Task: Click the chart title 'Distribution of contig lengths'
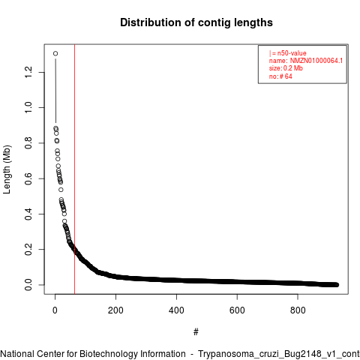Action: pyautogui.click(x=196, y=22)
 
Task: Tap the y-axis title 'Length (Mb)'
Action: pyautogui.click(x=7, y=169)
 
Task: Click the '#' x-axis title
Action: pyautogui.click(x=196, y=332)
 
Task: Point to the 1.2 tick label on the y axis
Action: pyautogui.click(x=28, y=72)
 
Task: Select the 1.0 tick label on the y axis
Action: pyautogui.click(x=28, y=107)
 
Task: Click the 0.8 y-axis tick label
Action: pyautogui.click(x=28, y=143)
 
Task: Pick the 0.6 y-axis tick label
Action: pyautogui.click(x=28, y=178)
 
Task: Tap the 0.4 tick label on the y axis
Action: pyautogui.click(x=28, y=214)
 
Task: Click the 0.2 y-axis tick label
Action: pyautogui.click(x=28, y=250)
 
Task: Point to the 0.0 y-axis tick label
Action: pyautogui.click(x=28, y=285)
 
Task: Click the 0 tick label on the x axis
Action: pyautogui.click(x=55, y=310)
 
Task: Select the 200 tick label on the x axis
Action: pyautogui.click(x=115, y=310)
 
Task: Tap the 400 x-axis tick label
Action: pyautogui.click(x=176, y=310)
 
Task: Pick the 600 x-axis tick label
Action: pyautogui.click(x=237, y=310)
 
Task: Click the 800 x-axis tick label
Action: pyautogui.click(x=298, y=310)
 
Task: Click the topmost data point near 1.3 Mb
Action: pyautogui.click(x=55, y=53)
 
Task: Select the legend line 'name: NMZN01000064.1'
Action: pyautogui.click(x=306, y=61)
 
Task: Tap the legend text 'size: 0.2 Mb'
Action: pyautogui.click(x=286, y=68)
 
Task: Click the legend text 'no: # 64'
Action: pyautogui.click(x=280, y=76)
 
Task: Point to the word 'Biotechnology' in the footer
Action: pyautogui.click(x=107, y=354)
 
